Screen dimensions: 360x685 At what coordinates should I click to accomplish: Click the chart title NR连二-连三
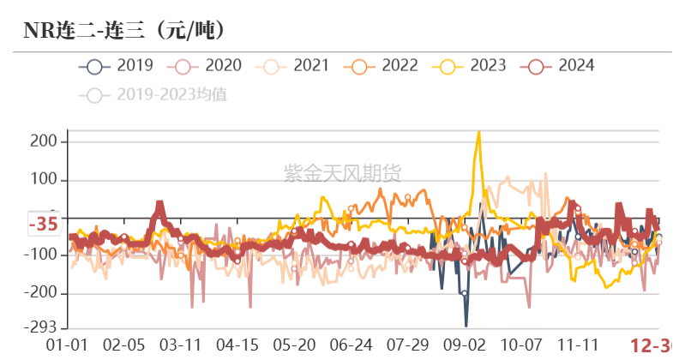tap(124, 31)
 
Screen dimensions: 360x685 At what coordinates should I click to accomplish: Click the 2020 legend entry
tap(205, 65)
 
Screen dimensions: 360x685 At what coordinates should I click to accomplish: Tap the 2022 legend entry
tap(382, 65)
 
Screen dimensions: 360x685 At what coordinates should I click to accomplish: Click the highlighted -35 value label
tap(43, 225)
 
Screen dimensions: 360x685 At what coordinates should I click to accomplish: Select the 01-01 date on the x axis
tap(67, 345)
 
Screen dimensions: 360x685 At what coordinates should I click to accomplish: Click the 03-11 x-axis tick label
tap(181, 345)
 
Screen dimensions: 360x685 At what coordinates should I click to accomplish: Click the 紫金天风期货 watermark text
tap(342, 174)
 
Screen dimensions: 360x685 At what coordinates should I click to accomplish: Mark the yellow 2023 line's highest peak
tap(478, 133)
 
